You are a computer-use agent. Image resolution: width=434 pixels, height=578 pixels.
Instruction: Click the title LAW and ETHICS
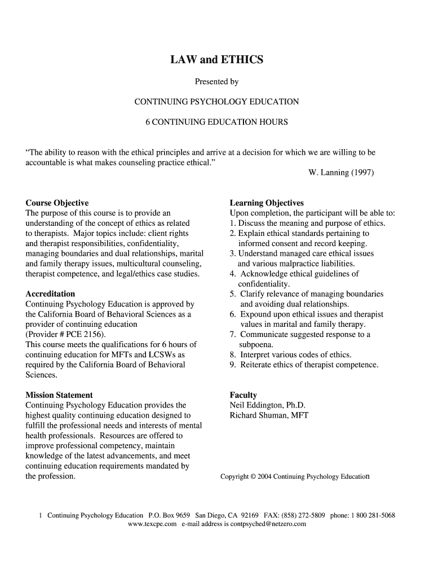point(216,59)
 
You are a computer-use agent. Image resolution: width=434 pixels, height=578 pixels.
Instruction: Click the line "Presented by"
point(216,82)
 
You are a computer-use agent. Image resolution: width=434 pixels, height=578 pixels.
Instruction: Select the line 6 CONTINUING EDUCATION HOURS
point(216,122)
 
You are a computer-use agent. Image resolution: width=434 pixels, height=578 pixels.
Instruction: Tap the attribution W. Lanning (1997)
point(340,173)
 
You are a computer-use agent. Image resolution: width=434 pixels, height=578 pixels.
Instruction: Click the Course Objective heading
point(57,203)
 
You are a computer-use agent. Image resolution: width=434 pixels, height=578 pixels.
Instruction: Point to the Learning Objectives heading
point(267,203)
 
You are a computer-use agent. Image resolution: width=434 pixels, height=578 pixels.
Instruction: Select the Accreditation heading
point(50,294)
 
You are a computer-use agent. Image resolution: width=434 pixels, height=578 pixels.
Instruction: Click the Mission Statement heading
point(59,395)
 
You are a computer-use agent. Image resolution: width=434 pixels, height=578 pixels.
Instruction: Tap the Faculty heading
point(243,395)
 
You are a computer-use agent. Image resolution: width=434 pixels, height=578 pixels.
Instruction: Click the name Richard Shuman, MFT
point(269,415)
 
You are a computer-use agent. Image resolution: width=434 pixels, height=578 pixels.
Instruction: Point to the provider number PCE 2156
point(82,334)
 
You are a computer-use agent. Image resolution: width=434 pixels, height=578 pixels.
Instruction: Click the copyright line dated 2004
point(295,476)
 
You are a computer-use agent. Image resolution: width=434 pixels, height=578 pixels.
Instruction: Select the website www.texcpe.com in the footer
point(152,524)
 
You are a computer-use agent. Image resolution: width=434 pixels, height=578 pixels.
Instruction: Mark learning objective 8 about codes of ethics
point(290,354)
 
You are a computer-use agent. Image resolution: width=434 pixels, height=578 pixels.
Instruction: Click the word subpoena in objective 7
point(256,344)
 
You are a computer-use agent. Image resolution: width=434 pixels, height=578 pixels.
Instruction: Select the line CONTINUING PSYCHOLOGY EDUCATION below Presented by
point(216,102)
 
